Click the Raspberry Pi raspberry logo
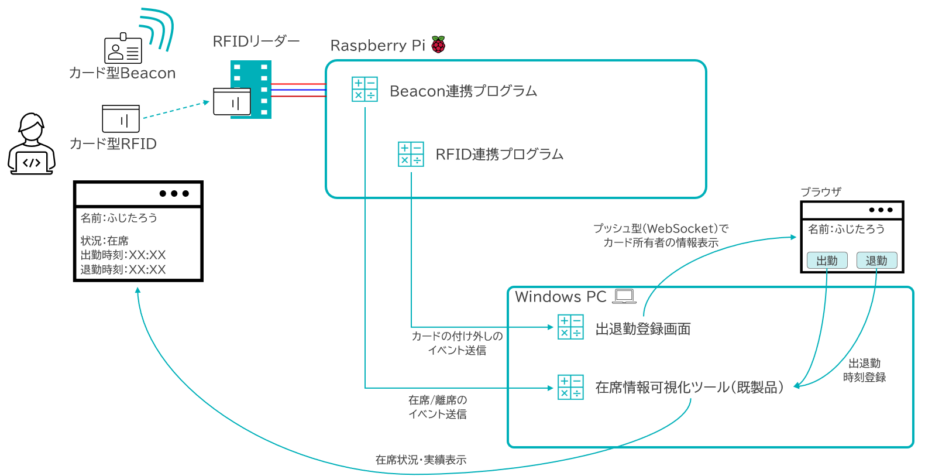pyautogui.click(x=438, y=44)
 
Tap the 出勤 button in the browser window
pyautogui.click(x=827, y=261)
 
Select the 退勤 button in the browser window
pyautogui.click(x=876, y=261)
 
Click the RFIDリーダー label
pyautogui.click(x=256, y=42)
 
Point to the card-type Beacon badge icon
pyautogui.click(x=123, y=49)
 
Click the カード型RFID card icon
pyautogui.click(x=121, y=119)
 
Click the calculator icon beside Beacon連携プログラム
pyautogui.click(x=365, y=89)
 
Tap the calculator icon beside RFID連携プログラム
pyautogui.click(x=411, y=154)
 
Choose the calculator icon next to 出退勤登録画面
pyautogui.click(x=570, y=327)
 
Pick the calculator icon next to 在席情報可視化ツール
pyautogui.click(x=570, y=387)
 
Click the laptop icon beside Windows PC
pyautogui.click(x=624, y=296)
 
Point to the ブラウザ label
pyautogui.click(x=821, y=192)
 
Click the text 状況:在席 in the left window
pyautogui.click(x=105, y=241)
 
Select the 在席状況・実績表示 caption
pyautogui.click(x=421, y=460)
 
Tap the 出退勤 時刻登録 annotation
pyautogui.click(x=864, y=371)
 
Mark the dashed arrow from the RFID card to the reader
pyautogui.click(x=176, y=109)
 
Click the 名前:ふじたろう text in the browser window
pyautogui.click(x=846, y=229)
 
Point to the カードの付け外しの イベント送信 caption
pyautogui.click(x=457, y=343)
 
